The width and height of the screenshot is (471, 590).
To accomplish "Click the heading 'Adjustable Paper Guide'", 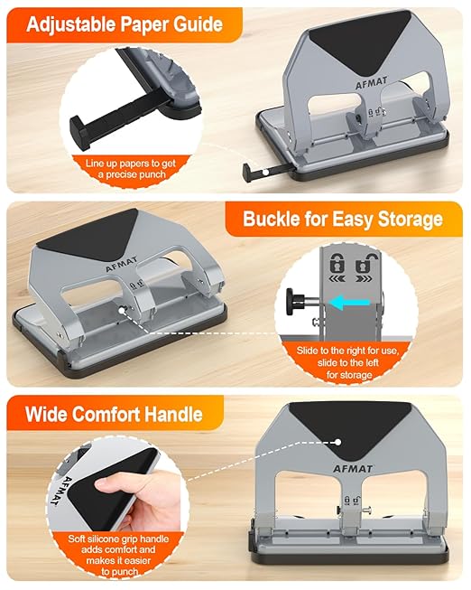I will point(124,23).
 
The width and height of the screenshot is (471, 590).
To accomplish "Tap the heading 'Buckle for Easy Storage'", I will point(342,219).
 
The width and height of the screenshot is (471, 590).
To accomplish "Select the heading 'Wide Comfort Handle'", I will point(112,415).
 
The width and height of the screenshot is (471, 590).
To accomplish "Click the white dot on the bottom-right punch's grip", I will point(336,443).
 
